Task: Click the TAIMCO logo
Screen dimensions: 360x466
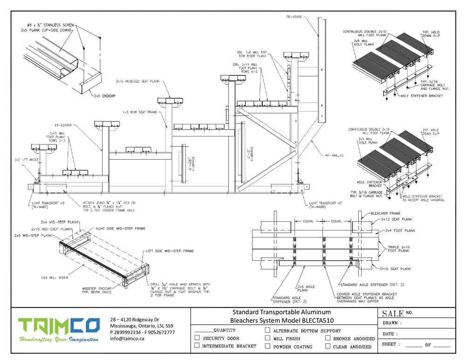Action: tap(58, 331)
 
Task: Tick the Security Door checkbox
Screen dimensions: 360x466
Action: tap(197, 338)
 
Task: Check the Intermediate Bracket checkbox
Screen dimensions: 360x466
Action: tap(197, 346)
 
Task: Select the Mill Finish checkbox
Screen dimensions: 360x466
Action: tap(267, 338)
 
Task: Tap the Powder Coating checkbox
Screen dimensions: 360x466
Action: tap(267, 346)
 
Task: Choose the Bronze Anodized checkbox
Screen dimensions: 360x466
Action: tap(328, 338)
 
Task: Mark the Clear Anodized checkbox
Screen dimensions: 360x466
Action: tap(328, 346)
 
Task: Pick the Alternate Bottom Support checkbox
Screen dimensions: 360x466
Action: tap(267, 330)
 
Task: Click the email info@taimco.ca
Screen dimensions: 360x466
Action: tap(127, 339)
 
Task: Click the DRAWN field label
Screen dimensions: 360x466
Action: tap(391, 323)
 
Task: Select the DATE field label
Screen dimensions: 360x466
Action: tap(390, 334)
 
